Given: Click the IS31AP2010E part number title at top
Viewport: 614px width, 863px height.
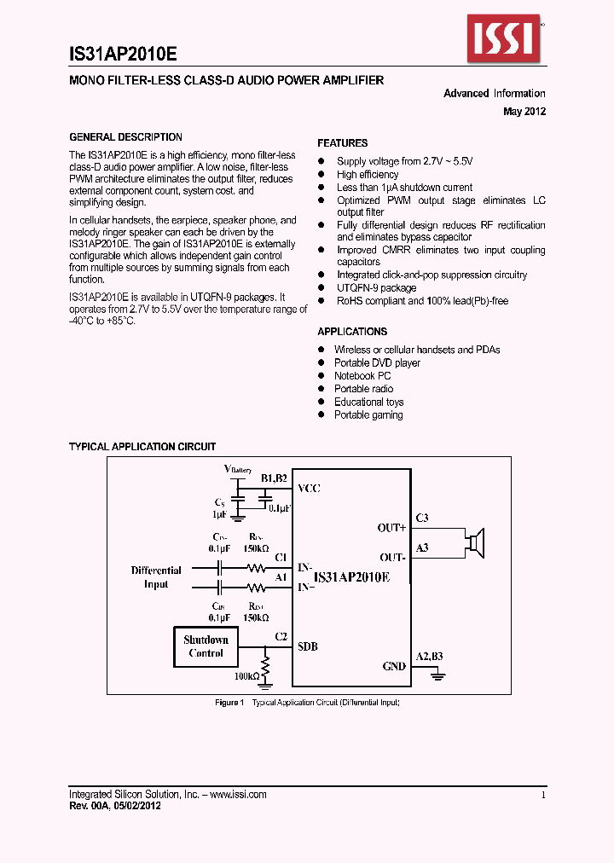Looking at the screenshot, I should coord(123,54).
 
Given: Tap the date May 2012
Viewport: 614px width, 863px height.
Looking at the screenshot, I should coord(524,111).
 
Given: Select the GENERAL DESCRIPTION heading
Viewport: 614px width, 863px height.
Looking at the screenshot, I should coord(125,137).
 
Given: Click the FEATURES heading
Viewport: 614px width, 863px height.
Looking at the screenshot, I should coord(343,143).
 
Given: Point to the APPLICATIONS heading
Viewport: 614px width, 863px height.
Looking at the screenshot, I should coord(352,332).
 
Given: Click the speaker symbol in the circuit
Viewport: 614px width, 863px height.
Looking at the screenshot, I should coord(476,542).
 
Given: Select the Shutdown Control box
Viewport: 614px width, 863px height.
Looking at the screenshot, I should coord(206,646).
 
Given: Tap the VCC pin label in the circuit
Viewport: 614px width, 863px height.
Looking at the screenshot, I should coord(309,489).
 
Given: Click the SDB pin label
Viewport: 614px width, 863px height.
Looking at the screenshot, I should coord(308,646).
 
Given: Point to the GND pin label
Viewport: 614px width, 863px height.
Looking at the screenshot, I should coord(394,666).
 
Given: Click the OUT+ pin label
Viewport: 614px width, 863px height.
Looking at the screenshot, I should coord(391,528).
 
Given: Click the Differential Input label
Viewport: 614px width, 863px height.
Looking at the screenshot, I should coord(156,577).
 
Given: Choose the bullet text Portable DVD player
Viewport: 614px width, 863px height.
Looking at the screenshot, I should coord(377,363).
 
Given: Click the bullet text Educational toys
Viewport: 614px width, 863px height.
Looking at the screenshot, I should coord(368,403).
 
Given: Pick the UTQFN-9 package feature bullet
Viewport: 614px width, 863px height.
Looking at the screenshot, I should coord(376,288).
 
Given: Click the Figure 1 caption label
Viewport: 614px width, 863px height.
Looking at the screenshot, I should coord(229,703).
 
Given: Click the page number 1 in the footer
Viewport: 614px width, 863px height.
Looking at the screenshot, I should coord(543,795).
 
